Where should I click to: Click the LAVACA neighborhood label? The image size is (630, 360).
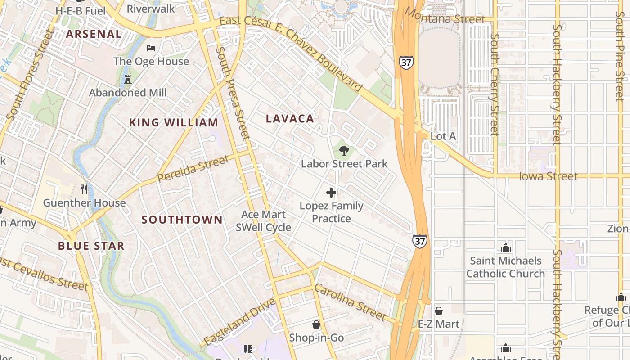tap(290, 119)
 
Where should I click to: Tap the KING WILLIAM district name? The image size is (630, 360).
tap(174, 122)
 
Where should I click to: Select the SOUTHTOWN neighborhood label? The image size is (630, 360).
tap(182, 220)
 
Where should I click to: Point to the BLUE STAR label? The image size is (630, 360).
tap(91, 246)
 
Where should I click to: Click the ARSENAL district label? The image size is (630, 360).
tap(94, 34)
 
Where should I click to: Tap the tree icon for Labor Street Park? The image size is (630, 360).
tap(344, 151)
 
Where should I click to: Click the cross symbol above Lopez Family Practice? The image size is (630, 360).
tap(331, 193)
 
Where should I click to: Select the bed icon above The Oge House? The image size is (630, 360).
tap(151, 48)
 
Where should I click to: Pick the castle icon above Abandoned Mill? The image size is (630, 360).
tap(128, 80)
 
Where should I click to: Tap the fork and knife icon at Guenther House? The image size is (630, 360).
tap(84, 189)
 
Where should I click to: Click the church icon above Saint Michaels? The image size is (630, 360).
tap(506, 247)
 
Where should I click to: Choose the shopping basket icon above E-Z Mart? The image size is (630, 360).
tap(439, 311)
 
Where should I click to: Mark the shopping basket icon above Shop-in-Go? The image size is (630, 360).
tap(316, 324)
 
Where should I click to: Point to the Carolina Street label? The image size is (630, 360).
tap(350, 302)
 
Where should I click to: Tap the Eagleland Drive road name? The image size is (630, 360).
tap(239, 322)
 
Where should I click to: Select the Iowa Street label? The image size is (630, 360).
tap(548, 176)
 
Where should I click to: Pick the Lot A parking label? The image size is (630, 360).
tap(443, 136)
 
